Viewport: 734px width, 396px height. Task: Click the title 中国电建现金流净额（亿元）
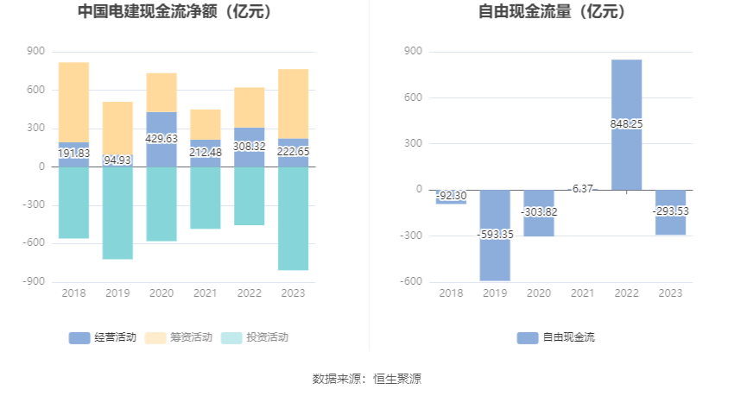point(174,12)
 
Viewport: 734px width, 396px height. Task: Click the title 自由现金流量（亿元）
point(553,12)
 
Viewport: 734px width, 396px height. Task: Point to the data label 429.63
point(161,138)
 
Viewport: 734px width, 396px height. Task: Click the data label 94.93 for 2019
point(117,160)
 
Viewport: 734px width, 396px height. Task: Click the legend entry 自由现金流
point(556,337)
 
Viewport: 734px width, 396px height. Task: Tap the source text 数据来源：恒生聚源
point(367,378)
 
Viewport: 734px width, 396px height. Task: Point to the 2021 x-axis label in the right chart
point(583,293)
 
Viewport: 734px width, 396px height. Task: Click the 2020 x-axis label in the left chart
point(161,293)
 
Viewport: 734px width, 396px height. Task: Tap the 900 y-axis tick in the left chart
point(35,51)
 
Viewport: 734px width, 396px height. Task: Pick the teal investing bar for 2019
point(117,213)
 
